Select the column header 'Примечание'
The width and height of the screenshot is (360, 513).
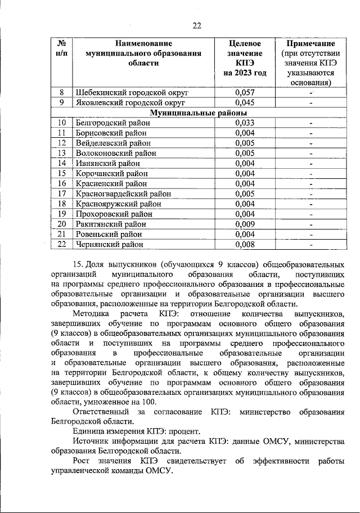click(x=310, y=43)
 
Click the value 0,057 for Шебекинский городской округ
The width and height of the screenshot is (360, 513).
click(x=245, y=92)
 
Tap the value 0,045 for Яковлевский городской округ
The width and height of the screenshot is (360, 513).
click(x=245, y=102)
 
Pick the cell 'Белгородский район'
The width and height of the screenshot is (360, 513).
click(x=111, y=123)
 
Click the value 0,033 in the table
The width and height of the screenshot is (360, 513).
click(x=245, y=123)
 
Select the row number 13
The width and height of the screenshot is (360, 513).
click(x=62, y=153)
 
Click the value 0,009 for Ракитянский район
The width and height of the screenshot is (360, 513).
click(x=245, y=224)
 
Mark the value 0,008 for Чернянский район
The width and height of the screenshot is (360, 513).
click(x=245, y=244)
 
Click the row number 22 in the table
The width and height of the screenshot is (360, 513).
click(x=62, y=244)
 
